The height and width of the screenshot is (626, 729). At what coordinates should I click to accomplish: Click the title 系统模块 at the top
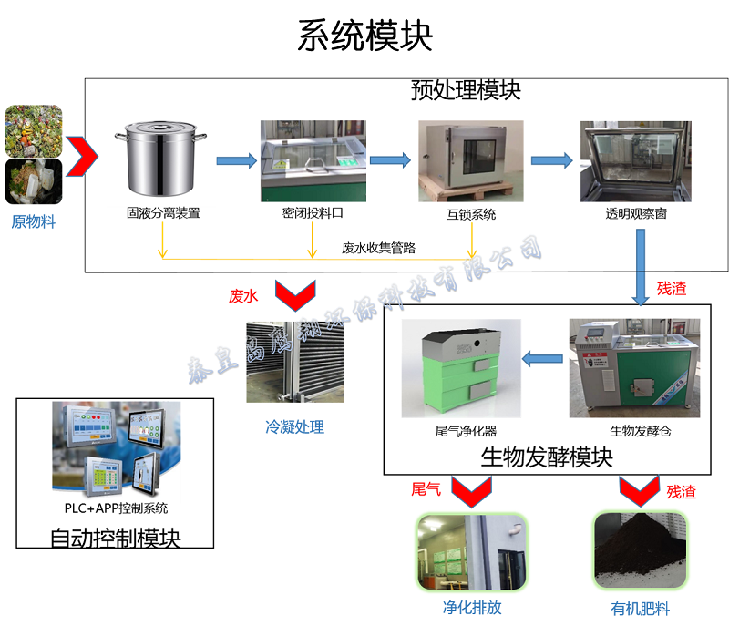click(364, 36)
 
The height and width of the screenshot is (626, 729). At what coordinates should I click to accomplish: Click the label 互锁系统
click(471, 215)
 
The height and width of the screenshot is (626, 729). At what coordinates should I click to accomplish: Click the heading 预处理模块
click(465, 90)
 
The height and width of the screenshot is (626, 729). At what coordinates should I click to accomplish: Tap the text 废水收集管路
click(378, 247)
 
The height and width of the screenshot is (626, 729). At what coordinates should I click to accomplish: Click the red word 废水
click(244, 296)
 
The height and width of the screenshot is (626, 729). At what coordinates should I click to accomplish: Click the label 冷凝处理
click(294, 426)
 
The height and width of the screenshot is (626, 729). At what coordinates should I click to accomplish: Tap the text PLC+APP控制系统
click(115, 508)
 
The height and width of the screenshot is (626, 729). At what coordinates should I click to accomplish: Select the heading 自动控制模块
click(115, 539)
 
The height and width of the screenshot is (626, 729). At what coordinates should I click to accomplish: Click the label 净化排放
click(472, 607)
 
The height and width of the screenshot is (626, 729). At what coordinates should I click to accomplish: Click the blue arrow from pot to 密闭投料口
click(236, 161)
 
